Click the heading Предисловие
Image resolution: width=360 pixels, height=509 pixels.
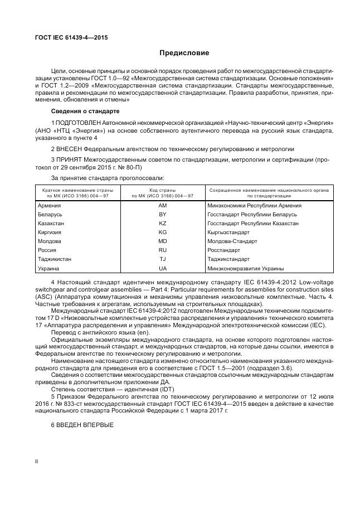tap(184, 53)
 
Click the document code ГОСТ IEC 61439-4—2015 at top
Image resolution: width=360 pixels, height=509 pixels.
tap(71, 37)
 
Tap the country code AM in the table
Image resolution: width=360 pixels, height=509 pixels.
tap(163, 206)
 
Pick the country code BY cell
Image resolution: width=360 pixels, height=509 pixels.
tap(163, 215)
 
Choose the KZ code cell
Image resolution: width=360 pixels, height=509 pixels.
tap(163, 223)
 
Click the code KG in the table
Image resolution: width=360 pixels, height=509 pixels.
tap(163, 232)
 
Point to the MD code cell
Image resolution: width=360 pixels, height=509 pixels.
tap(163, 241)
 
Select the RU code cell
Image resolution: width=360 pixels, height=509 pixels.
tap(163, 250)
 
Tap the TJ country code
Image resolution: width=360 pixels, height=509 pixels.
tap(163, 259)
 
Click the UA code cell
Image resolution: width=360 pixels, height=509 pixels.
tap(163, 268)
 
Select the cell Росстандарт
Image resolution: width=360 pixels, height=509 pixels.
tap(224, 250)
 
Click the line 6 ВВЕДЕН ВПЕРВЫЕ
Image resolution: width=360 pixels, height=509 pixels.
tap(82, 425)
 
